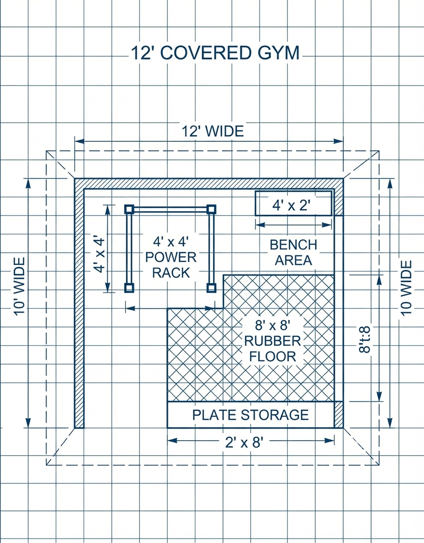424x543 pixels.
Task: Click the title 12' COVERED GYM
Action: pyautogui.click(x=215, y=53)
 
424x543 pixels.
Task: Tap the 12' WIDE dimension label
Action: pyautogui.click(x=212, y=132)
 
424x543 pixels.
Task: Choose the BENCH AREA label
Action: pyautogui.click(x=293, y=252)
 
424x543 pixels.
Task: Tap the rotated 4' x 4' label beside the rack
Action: pyautogui.click(x=99, y=254)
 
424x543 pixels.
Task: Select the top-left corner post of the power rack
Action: pyautogui.click(x=129, y=209)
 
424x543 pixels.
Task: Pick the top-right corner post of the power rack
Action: pyautogui.click(x=212, y=209)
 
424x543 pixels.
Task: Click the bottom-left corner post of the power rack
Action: pyautogui.click(x=129, y=288)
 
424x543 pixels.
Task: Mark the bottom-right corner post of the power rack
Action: pyautogui.click(x=212, y=288)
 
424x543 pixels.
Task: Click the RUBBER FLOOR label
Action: pyautogui.click(x=273, y=349)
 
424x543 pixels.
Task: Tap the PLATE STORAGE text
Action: pyautogui.click(x=251, y=415)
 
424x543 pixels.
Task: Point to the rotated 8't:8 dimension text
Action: pyautogui.click(x=365, y=339)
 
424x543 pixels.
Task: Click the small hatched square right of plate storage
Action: pyautogui.click(x=338, y=415)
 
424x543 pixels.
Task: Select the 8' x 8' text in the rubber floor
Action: pyautogui.click(x=273, y=324)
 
